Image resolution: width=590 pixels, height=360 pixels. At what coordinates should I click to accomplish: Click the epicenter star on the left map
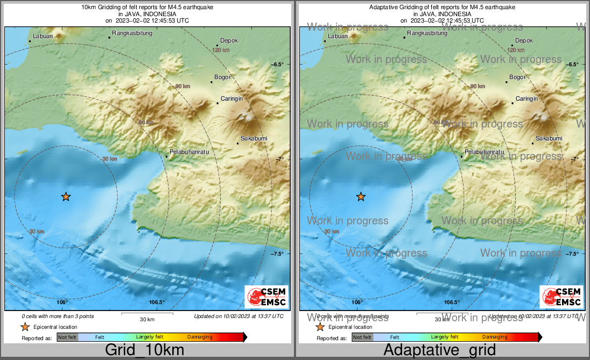pos(66,197)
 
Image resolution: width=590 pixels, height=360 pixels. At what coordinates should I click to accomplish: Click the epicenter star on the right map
pos(361,197)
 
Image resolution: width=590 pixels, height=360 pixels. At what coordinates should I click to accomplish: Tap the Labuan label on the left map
pos(43,37)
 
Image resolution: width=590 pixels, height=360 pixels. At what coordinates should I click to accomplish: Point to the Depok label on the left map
pos(229,41)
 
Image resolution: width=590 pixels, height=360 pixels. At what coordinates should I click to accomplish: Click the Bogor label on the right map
pos(517,77)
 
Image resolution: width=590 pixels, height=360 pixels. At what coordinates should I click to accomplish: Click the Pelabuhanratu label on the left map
pos(189,152)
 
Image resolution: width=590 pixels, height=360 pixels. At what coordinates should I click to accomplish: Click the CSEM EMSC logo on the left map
pos(266,297)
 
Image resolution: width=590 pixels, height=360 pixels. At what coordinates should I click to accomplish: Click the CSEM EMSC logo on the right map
pos(561,297)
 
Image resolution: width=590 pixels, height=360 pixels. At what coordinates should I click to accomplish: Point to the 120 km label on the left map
pos(221,50)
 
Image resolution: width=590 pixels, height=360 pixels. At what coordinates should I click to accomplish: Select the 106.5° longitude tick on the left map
pos(157,302)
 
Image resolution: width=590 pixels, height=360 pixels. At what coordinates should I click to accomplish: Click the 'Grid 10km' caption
pos(145,350)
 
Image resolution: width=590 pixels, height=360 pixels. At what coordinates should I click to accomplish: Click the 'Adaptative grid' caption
pos(439,350)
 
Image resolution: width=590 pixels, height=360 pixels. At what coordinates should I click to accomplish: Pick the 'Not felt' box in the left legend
pos(67,337)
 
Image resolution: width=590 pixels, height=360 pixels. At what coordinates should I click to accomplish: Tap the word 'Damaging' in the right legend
pos(495,337)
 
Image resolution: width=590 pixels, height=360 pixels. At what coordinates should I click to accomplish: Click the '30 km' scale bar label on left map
pos(147,319)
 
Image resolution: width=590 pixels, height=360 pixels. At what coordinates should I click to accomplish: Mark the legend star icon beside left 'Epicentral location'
pos(25,327)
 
